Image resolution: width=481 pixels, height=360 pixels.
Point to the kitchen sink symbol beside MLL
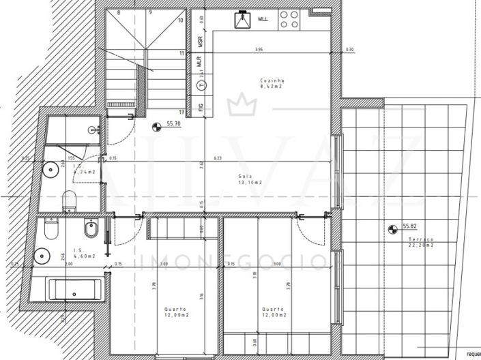(x=242, y=20)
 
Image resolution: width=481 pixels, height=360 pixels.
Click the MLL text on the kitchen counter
(x=263, y=20)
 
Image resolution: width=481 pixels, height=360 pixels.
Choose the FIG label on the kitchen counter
(x=201, y=107)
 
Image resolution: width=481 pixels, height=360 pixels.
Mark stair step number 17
(x=181, y=112)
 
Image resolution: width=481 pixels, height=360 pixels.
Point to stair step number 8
(x=119, y=12)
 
